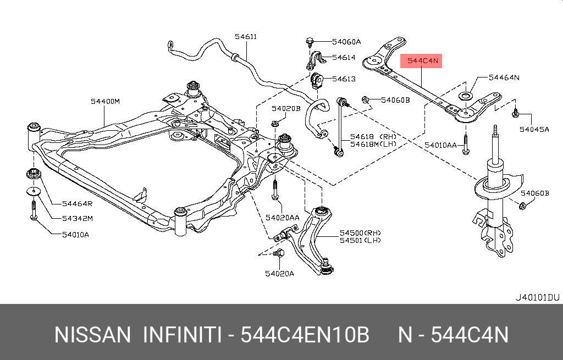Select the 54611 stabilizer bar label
click(x=246, y=37)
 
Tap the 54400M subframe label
click(x=106, y=101)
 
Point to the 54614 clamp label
click(x=345, y=57)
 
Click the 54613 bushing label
click(x=345, y=79)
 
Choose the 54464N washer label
click(x=504, y=77)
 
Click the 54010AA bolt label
click(x=440, y=145)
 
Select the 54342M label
click(x=78, y=218)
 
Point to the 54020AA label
click(x=282, y=218)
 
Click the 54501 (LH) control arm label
click(x=360, y=240)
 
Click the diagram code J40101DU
click(x=537, y=297)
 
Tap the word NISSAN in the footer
click(x=92, y=334)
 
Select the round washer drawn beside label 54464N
click(x=466, y=97)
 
